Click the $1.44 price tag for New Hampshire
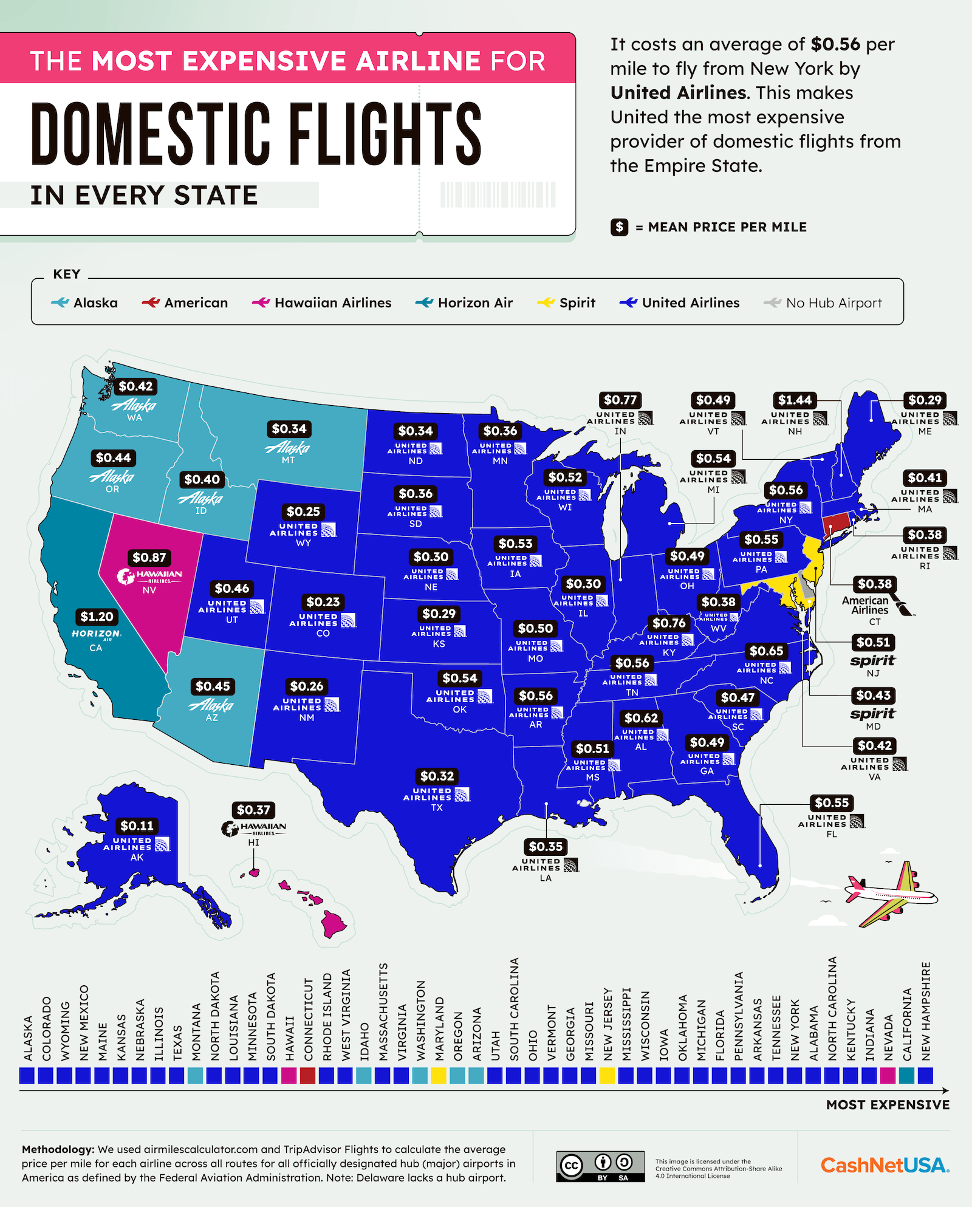(795, 400)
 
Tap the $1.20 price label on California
(97, 617)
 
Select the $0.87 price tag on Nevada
(149, 557)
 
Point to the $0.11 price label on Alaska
(137, 826)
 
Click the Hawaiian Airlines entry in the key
(322, 303)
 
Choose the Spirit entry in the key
(566, 303)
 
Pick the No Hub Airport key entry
(823, 303)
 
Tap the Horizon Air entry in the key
(464, 303)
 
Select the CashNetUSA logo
(885, 1165)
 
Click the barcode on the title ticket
(498, 195)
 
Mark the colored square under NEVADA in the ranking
(888, 1076)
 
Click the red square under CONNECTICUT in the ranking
(308, 1076)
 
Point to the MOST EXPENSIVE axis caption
(888, 1105)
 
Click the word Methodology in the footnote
(58, 1149)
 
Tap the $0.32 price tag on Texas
(437, 776)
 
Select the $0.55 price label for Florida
(831, 802)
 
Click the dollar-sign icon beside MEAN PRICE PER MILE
(619, 227)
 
